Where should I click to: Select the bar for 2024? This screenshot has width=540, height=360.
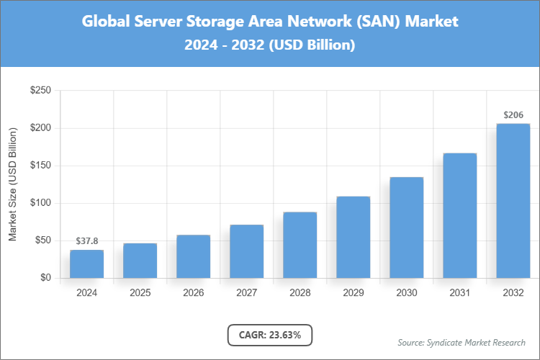(x=86, y=264)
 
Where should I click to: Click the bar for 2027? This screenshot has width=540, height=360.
(x=246, y=251)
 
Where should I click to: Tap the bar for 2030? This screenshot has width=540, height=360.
(x=406, y=228)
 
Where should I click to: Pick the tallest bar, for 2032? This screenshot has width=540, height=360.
(x=513, y=201)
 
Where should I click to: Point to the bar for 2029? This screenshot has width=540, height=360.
(x=353, y=237)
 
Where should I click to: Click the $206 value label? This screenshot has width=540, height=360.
(x=513, y=115)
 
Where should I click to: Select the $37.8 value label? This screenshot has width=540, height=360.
(x=86, y=241)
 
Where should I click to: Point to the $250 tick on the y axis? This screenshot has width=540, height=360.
(x=40, y=91)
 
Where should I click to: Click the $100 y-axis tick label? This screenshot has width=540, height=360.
(x=40, y=203)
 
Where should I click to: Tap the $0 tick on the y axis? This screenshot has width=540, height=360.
(x=45, y=278)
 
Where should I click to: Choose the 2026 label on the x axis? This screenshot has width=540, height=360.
(x=193, y=293)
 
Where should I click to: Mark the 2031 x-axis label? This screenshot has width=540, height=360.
(x=459, y=293)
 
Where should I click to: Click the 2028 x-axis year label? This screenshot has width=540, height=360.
(x=300, y=293)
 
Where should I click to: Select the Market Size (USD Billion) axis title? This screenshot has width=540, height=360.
(x=12, y=184)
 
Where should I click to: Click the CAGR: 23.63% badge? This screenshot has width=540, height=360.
(x=269, y=334)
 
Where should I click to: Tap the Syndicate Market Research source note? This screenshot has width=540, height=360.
(x=461, y=342)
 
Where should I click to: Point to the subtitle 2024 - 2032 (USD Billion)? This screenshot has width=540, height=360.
(x=269, y=45)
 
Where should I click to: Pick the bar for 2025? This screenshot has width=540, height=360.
(x=140, y=261)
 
